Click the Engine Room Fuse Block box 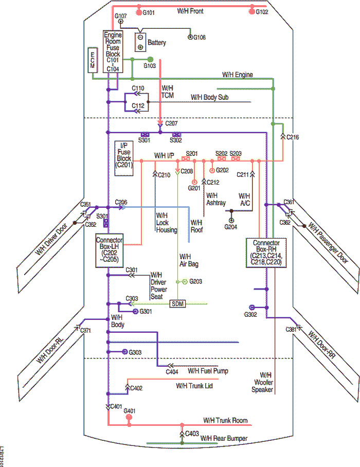click(113, 51)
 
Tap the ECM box click(93, 60)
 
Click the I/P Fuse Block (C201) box click(124, 158)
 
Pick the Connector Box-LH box click(110, 250)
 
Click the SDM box click(177, 303)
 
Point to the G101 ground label click(148, 12)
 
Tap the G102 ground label click(262, 12)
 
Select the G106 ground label click(200, 38)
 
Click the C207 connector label click(171, 124)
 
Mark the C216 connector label click(293, 137)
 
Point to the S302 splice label click(176, 140)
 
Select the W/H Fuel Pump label click(208, 371)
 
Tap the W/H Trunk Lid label click(194, 386)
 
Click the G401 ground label click(130, 411)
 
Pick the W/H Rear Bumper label click(224, 438)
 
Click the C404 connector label click(172, 371)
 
